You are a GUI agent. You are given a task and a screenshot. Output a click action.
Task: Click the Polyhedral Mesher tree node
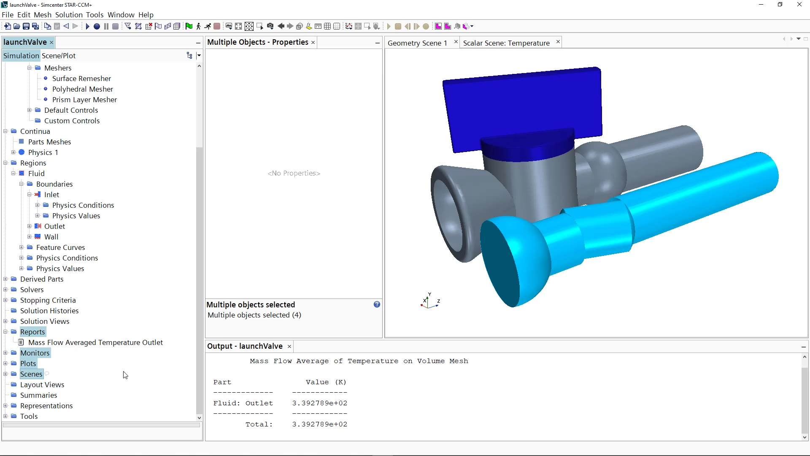82,89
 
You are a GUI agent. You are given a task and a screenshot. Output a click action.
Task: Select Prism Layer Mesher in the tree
84,100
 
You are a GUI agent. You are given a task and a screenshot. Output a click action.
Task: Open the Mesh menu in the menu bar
42,15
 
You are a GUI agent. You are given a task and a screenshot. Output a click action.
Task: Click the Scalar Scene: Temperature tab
506,43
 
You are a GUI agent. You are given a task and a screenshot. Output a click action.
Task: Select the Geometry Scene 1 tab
417,43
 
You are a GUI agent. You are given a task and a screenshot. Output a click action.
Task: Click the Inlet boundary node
51,195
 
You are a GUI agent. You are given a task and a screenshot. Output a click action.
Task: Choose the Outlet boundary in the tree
54,226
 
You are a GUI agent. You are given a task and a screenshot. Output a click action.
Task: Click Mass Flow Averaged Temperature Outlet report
95,342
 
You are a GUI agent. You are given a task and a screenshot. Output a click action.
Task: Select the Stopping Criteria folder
48,300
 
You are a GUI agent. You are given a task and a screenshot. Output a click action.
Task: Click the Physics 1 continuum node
43,152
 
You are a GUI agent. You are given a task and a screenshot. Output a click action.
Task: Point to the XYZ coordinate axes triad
429,301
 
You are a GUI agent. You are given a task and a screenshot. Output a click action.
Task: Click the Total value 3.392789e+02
319,424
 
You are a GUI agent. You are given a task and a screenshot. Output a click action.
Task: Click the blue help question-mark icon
377,304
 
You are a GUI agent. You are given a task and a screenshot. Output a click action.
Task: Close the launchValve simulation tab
51,43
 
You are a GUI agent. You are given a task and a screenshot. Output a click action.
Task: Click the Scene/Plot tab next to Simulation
59,56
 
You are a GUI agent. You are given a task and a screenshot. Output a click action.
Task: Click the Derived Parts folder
41,279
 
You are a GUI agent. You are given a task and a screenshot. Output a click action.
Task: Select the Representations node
46,406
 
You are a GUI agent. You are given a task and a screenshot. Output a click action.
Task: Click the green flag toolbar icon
189,26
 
